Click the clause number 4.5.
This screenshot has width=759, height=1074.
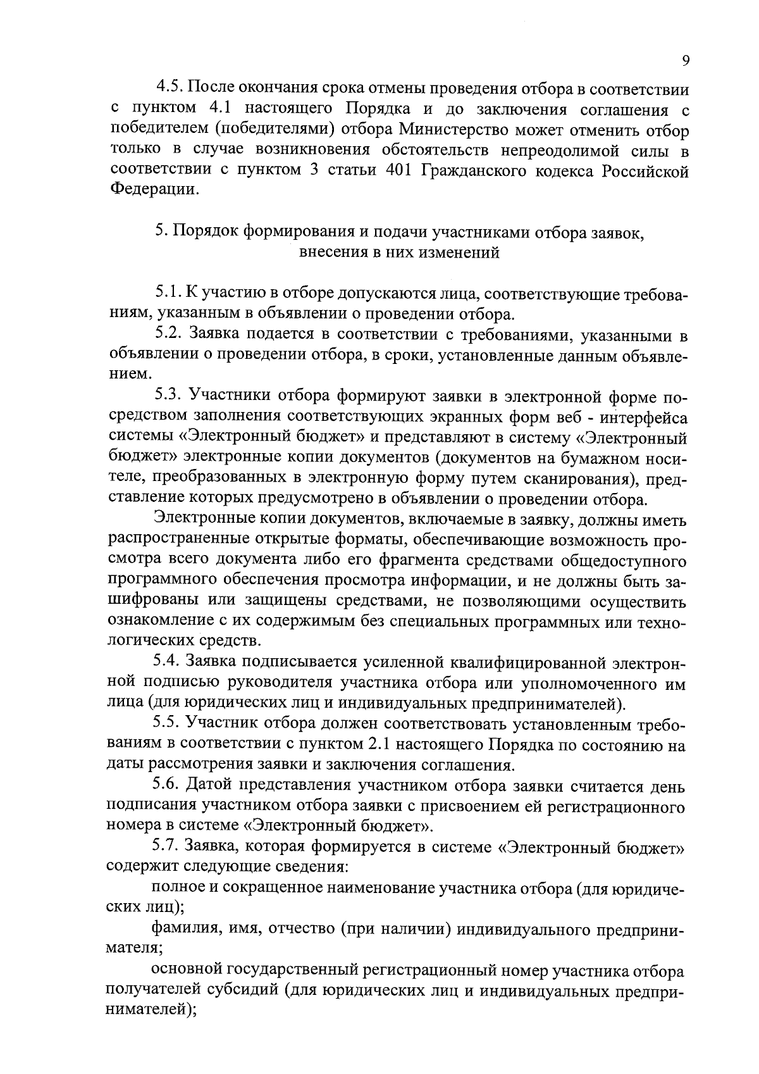click(x=170, y=87)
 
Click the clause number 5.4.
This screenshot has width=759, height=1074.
click(x=168, y=662)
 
